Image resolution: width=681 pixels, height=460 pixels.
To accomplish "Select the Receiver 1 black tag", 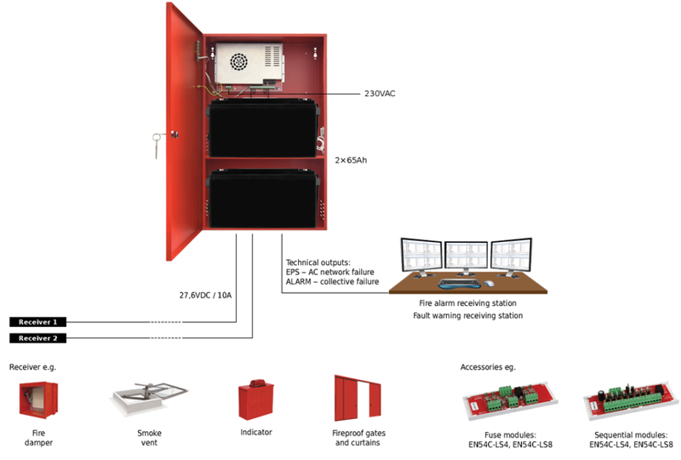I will pos(37,322).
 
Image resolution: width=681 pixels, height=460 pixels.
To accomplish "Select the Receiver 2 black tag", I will pos(37,338).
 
